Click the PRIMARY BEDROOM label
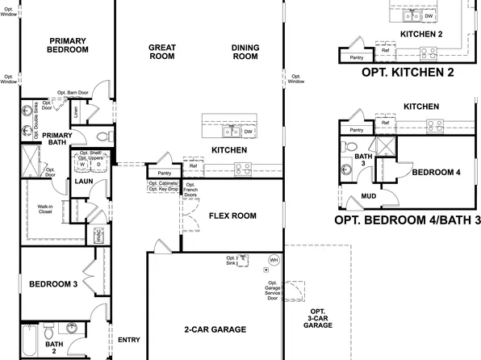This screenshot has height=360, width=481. [x=68, y=45]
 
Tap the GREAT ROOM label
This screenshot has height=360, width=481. [x=162, y=52]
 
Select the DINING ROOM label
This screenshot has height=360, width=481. [x=245, y=52]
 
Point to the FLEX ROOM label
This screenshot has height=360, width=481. [x=232, y=216]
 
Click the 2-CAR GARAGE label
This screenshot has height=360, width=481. [x=215, y=329]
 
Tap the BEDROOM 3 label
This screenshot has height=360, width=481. [x=53, y=284]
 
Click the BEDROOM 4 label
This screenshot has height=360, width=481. [x=436, y=172]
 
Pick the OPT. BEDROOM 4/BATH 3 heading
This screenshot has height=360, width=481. [x=407, y=220]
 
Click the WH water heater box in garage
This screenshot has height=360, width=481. [x=274, y=260]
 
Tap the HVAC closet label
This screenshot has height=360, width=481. [x=98, y=236]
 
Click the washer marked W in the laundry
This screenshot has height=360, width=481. [x=82, y=165]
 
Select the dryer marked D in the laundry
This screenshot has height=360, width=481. [x=98, y=165]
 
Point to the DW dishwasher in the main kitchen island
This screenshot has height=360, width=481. [x=249, y=131]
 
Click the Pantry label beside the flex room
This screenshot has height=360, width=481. [x=165, y=173]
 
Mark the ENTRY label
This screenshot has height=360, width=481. [x=129, y=340]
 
